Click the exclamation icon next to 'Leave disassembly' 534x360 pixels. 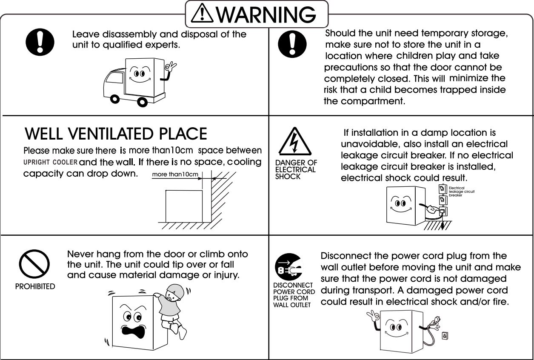click(40, 43)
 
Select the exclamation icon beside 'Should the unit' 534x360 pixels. click(292, 43)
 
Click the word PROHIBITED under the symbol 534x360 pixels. click(35, 286)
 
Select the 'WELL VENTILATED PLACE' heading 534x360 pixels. click(116, 134)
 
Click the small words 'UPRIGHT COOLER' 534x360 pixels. click(50, 162)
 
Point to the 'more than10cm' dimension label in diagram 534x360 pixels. click(175, 174)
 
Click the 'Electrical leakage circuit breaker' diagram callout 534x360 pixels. click(461, 191)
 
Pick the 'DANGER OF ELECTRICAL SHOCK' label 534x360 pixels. click(295, 169)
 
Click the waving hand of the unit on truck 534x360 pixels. click(171, 67)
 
